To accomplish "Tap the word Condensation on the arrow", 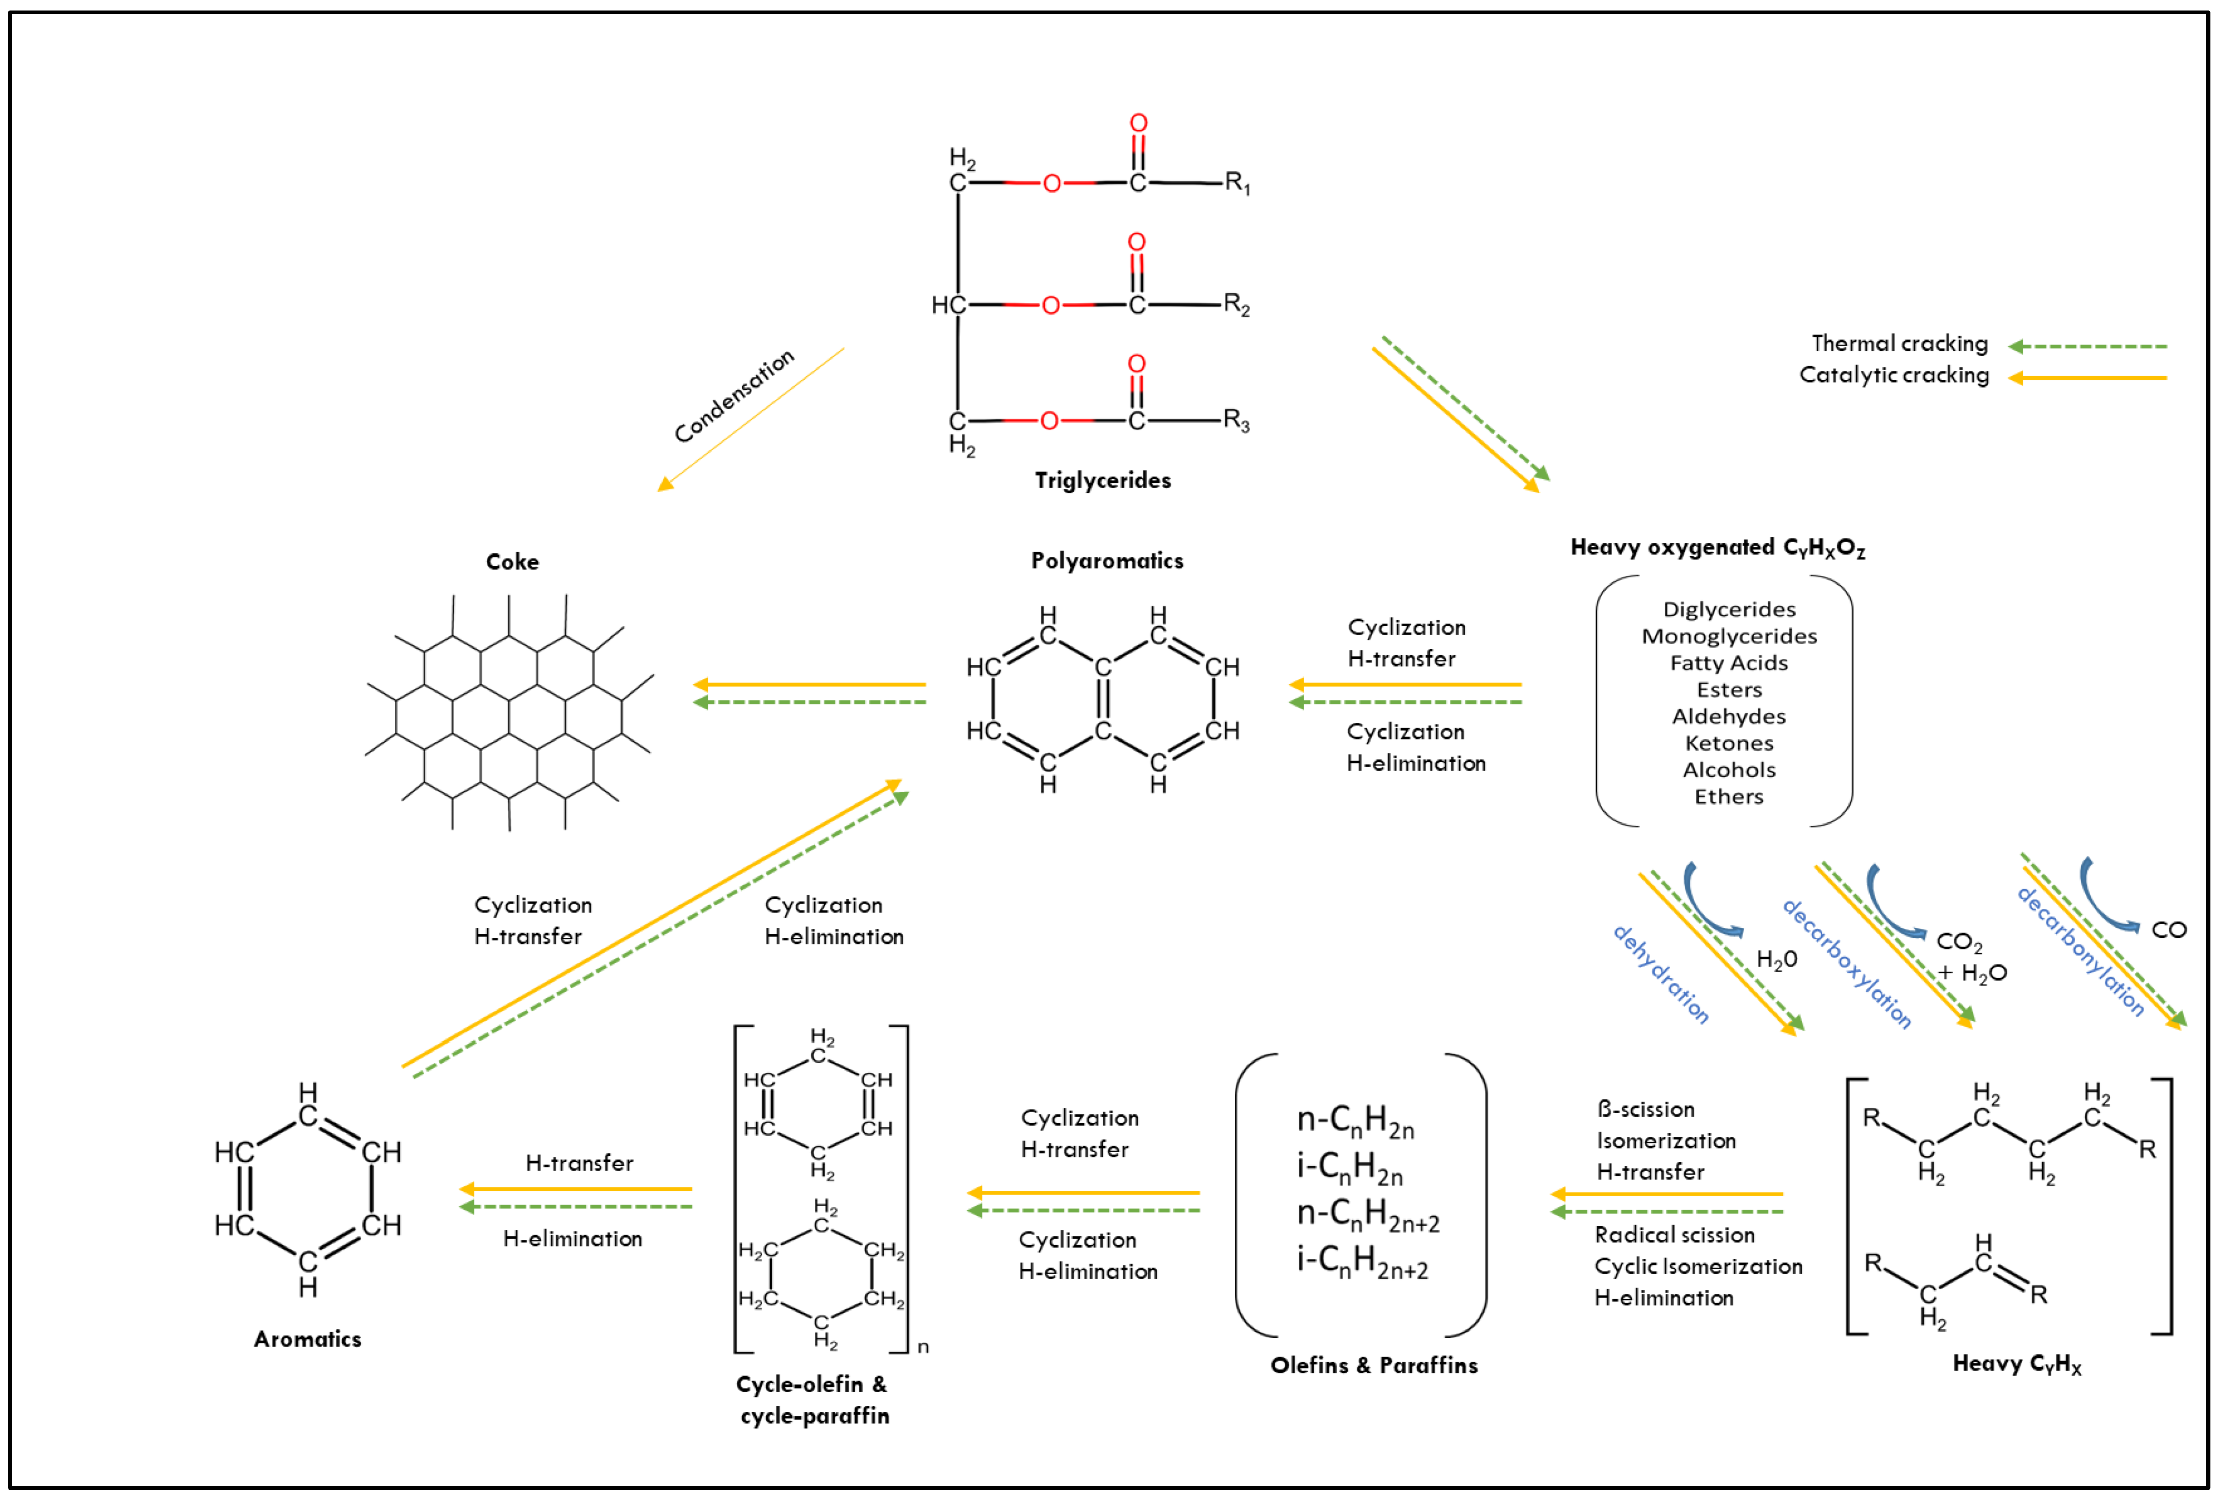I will (x=734, y=396).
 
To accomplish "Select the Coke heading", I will (x=512, y=561).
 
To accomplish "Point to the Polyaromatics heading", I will (x=1107, y=560).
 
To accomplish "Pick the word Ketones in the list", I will (x=1728, y=743).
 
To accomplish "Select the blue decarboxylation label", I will (x=1846, y=964).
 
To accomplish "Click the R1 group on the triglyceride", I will (x=1237, y=183).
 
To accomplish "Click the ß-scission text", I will (x=1645, y=1109).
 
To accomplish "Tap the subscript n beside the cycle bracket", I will (x=923, y=1347).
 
